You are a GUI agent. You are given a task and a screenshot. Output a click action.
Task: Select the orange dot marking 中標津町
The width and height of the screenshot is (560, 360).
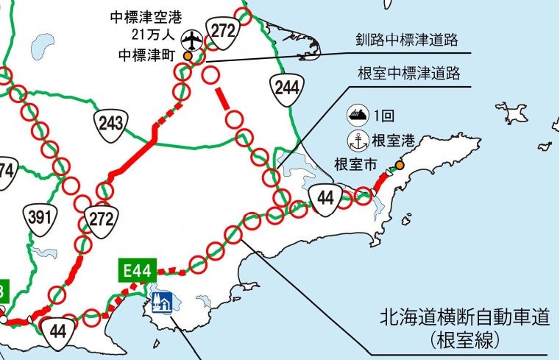click(188, 55)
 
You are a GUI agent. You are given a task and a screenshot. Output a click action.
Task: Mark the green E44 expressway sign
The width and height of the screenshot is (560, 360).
click(135, 271)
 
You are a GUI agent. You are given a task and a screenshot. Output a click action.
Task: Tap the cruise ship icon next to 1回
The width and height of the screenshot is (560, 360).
click(356, 115)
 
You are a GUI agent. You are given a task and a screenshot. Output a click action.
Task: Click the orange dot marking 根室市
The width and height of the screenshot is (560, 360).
click(400, 166)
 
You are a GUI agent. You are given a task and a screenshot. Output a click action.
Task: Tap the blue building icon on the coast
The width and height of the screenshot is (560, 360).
click(160, 300)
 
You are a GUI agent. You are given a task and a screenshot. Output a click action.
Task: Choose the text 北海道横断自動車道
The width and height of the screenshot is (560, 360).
click(464, 319)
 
